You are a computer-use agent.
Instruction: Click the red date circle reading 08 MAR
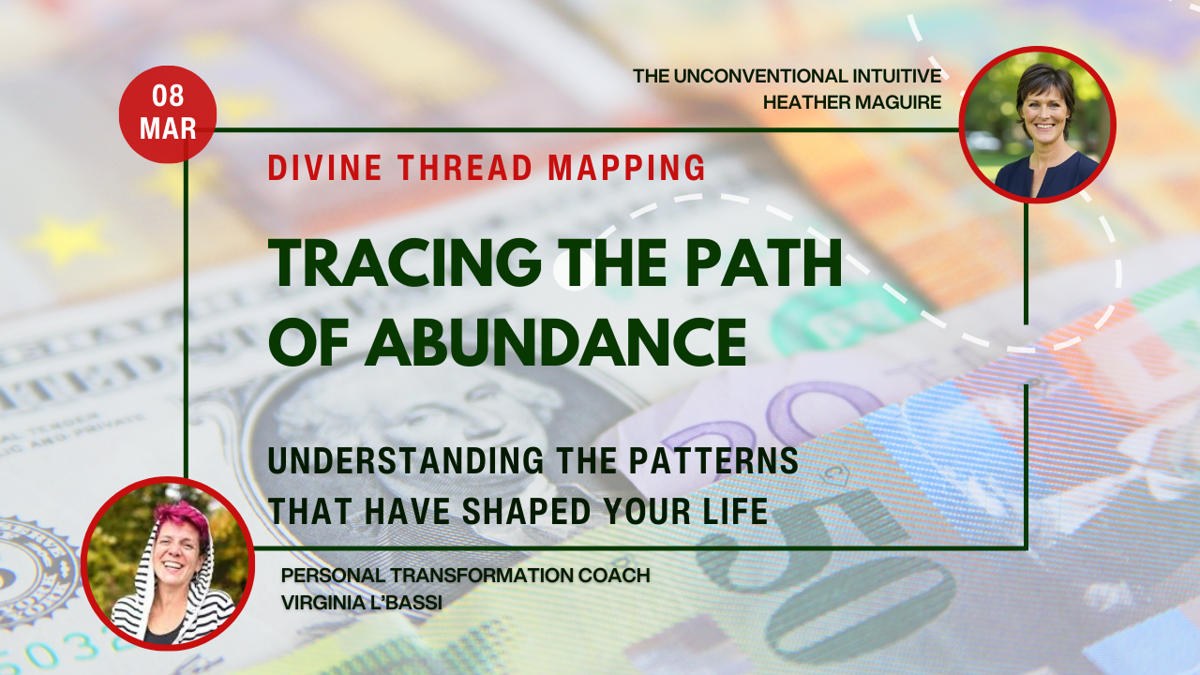click(168, 114)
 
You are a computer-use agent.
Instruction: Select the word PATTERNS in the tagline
click(720, 461)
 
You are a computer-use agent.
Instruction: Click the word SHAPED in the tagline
click(546, 511)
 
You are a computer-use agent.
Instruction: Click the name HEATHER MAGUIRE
click(853, 102)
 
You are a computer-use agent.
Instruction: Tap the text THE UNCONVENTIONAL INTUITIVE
click(787, 75)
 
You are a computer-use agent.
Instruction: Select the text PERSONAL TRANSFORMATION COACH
click(466, 575)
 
